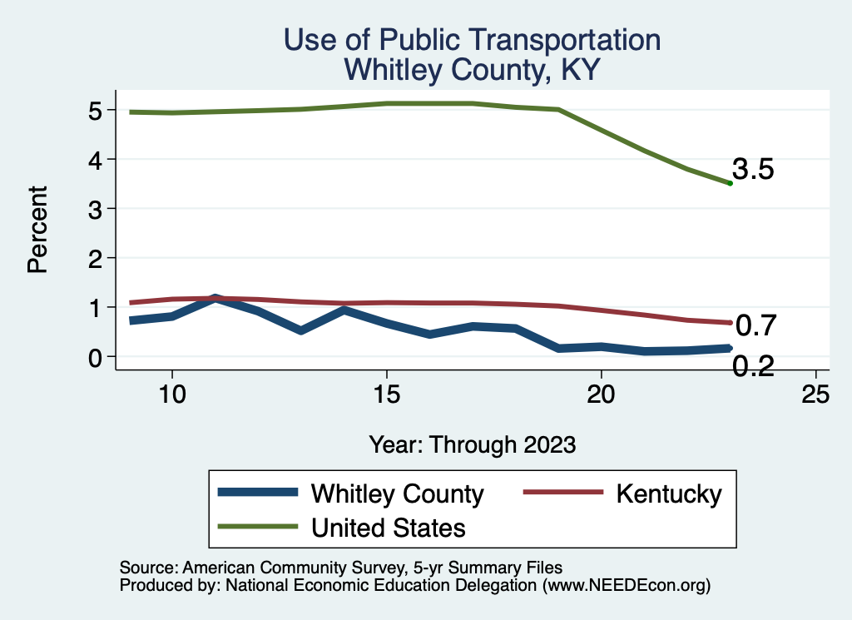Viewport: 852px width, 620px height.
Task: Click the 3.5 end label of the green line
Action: [753, 170]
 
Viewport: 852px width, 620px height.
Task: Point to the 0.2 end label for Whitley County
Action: [753, 365]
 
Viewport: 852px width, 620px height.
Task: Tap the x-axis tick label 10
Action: [171, 394]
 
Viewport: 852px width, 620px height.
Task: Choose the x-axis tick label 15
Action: [386, 394]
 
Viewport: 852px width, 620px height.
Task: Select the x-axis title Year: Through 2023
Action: [473, 444]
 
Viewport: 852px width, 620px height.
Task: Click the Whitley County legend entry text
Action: [397, 494]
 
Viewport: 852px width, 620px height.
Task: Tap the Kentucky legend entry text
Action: [669, 494]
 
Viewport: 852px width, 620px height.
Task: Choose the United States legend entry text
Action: [388, 528]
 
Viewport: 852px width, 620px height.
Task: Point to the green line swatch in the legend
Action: [258, 527]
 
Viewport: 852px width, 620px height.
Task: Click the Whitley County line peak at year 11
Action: [215, 298]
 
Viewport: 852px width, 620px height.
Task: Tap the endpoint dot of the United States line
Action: [730, 183]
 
